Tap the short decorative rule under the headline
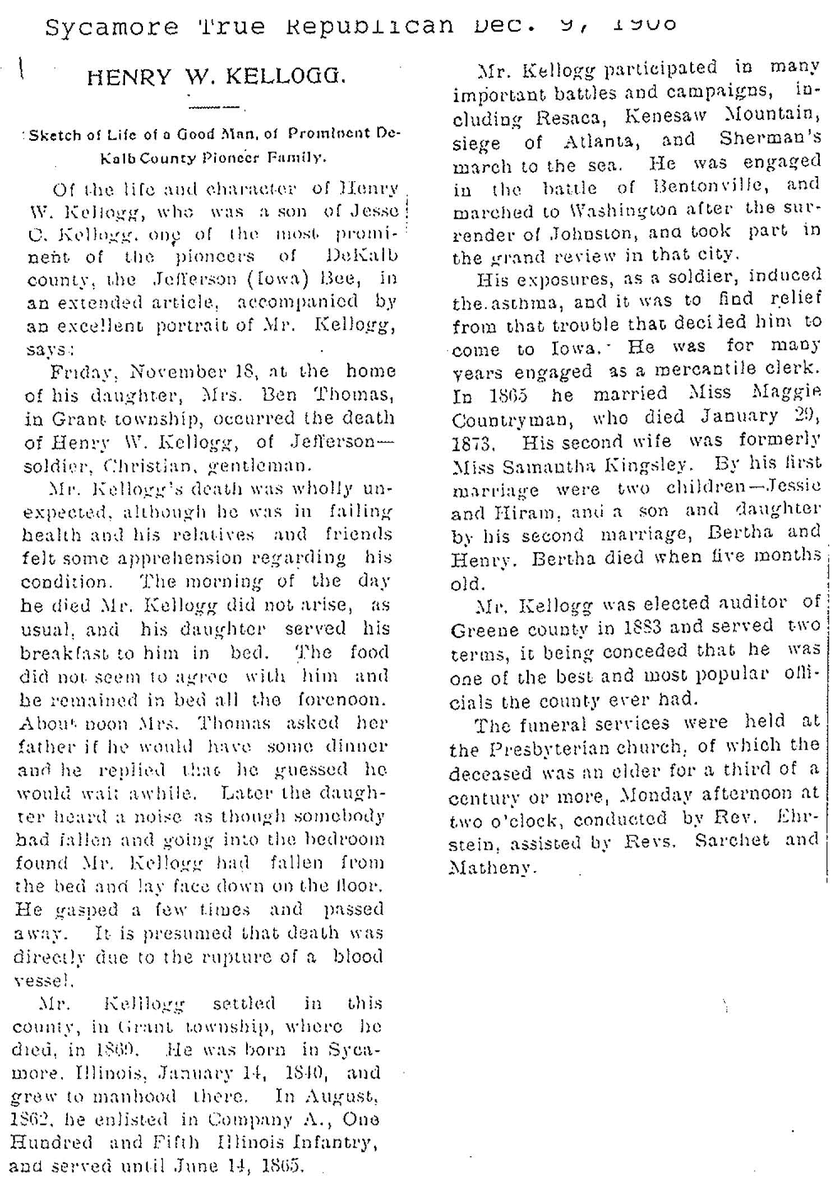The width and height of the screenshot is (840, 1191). click(214, 107)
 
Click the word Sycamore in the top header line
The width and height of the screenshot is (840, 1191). click(112, 26)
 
